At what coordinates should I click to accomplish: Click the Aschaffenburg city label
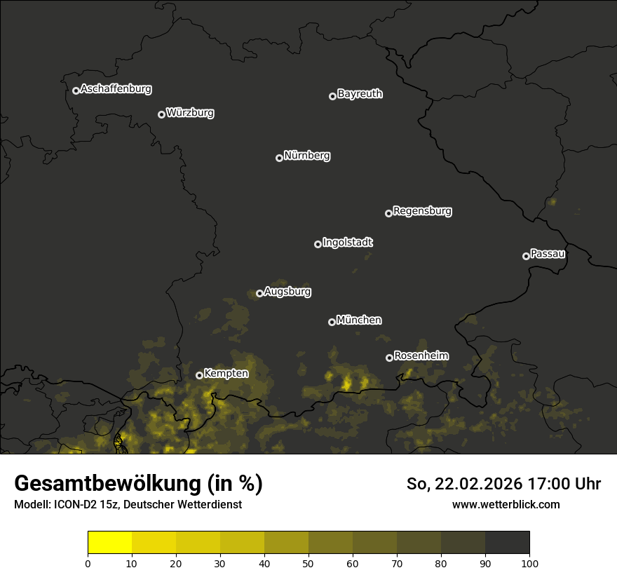click(116, 89)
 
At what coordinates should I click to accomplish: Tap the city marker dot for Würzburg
click(161, 114)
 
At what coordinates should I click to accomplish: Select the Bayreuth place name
click(360, 94)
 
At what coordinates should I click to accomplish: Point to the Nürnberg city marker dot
click(279, 158)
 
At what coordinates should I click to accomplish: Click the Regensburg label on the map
click(422, 210)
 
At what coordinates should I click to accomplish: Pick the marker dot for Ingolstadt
click(318, 244)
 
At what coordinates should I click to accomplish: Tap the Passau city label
click(548, 254)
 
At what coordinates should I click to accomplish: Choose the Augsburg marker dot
click(259, 293)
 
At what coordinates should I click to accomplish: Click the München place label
click(359, 320)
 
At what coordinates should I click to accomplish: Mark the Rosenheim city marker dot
click(389, 358)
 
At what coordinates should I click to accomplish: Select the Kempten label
click(226, 374)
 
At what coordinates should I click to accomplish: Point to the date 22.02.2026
click(477, 484)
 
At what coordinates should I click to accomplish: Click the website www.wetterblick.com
click(506, 504)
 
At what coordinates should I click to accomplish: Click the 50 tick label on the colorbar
click(308, 562)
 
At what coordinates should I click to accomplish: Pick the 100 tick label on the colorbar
click(529, 562)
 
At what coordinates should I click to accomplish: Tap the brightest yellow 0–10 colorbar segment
click(110, 542)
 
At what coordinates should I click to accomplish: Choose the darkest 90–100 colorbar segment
click(507, 542)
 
